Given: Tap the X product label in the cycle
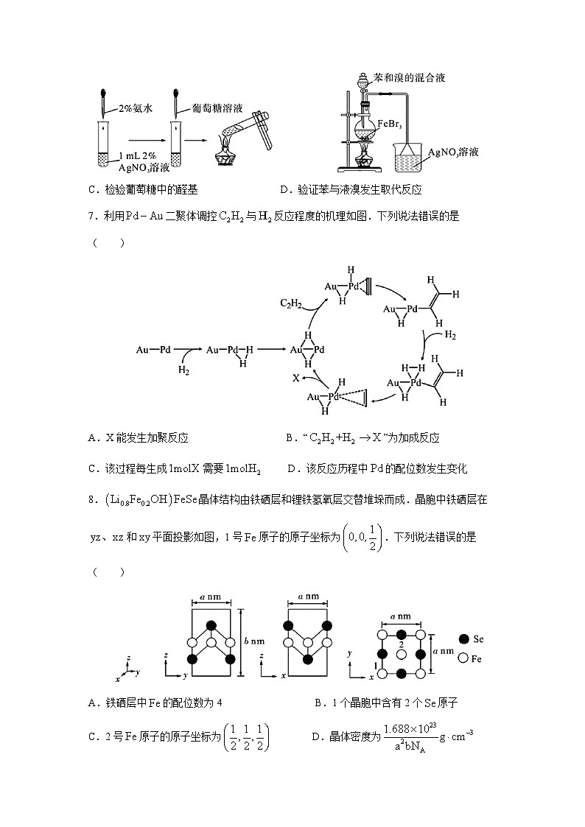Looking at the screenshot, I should point(295,377).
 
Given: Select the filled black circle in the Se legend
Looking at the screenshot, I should point(464,638).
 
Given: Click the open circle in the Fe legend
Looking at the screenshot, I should point(464,658).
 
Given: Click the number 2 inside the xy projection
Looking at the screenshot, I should point(400,644).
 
